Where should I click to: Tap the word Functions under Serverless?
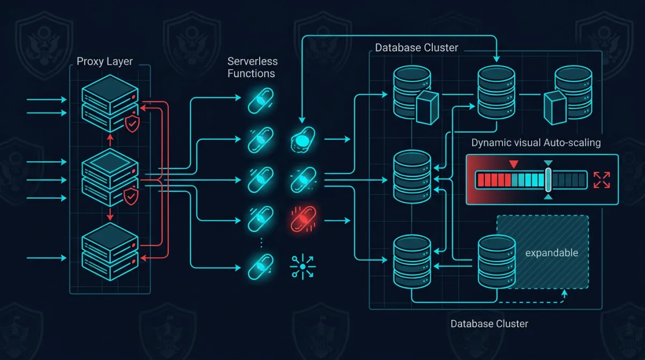click(251, 74)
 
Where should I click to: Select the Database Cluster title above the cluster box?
click(417, 48)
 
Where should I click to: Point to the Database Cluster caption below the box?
click(489, 324)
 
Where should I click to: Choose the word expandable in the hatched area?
click(551, 253)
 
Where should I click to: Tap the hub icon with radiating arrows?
click(303, 266)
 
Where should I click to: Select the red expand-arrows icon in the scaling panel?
click(601, 179)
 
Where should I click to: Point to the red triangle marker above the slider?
click(513, 163)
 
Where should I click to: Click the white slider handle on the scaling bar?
click(548, 180)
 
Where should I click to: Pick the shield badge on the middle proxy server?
click(131, 197)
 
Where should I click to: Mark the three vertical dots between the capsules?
click(261, 242)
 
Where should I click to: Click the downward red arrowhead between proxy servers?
click(110, 217)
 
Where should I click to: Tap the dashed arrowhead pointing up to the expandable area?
click(564, 293)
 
